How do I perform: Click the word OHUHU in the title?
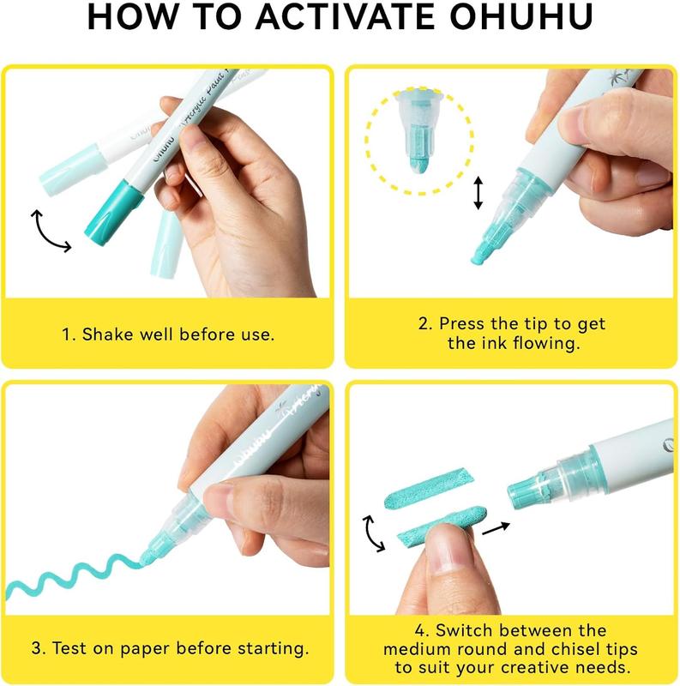click(521, 16)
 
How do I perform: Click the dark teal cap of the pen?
click(114, 214)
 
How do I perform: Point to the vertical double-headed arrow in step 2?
click(478, 192)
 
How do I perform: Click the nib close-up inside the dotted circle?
click(418, 130)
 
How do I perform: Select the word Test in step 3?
click(70, 648)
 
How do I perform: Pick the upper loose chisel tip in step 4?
click(429, 488)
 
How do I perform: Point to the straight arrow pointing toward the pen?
click(496, 527)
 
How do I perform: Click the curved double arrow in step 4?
click(372, 533)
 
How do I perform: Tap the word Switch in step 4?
click(463, 630)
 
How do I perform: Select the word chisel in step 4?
click(578, 649)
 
